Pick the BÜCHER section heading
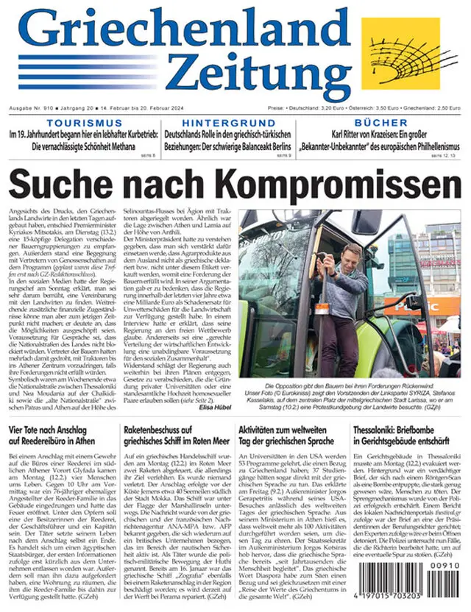(x=380, y=122)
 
